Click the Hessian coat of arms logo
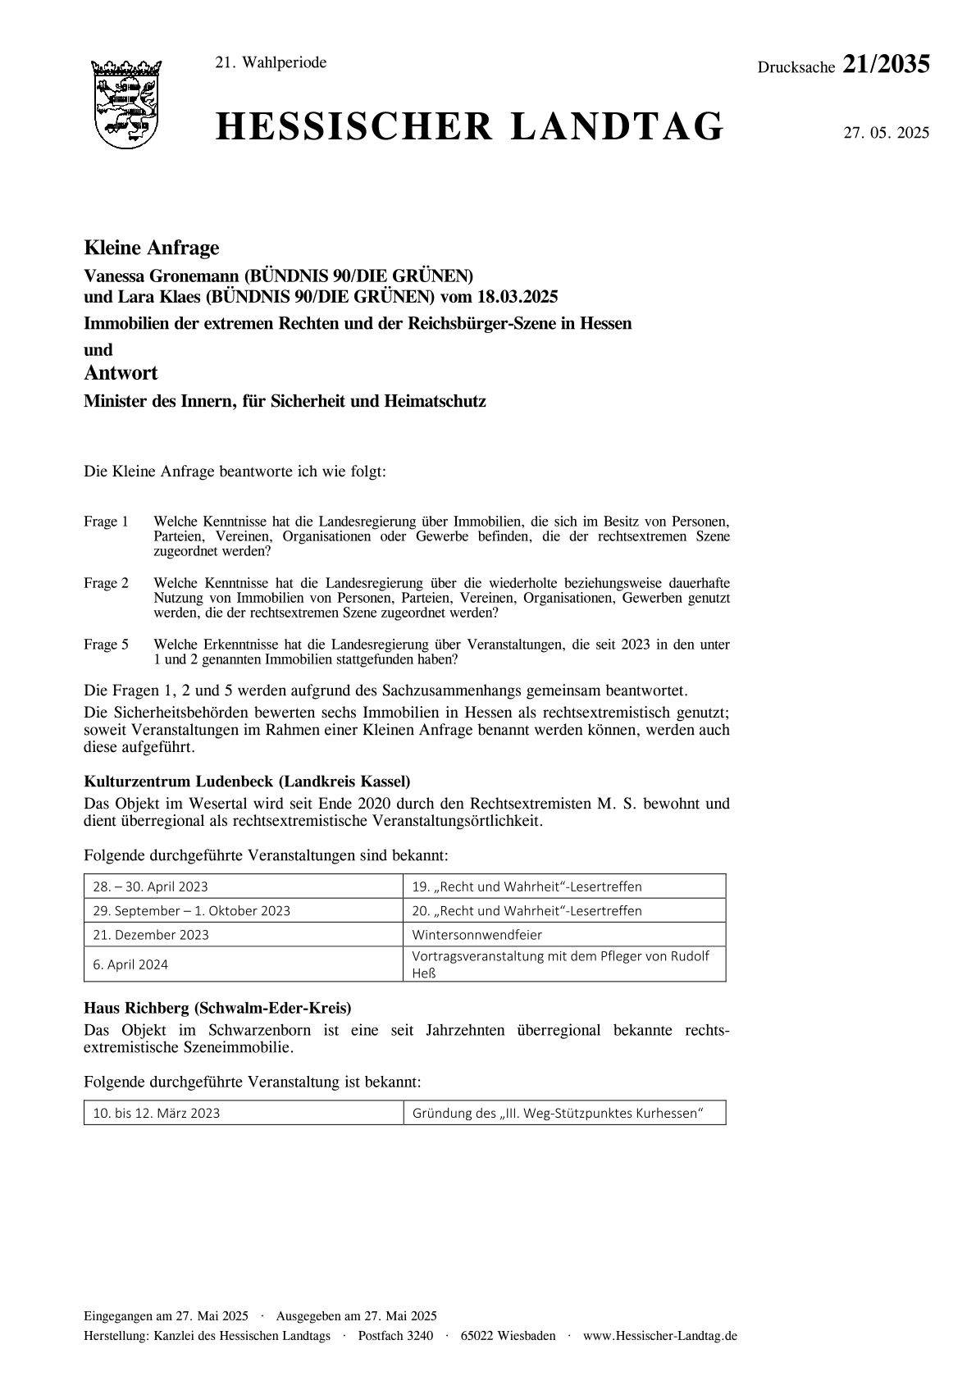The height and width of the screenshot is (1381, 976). coord(125,104)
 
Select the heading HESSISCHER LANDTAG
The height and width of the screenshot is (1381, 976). coord(470,128)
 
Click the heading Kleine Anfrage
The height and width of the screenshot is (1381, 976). coord(151,248)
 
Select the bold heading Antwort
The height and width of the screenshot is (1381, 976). coord(121,374)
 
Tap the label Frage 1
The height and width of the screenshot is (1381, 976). coord(107,522)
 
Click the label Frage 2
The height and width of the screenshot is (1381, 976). coord(107,583)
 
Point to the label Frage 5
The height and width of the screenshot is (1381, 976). coord(107,645)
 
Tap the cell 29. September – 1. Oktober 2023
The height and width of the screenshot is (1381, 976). coord(192,911)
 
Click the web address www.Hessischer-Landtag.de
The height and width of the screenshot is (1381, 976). coord(659,1336)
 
